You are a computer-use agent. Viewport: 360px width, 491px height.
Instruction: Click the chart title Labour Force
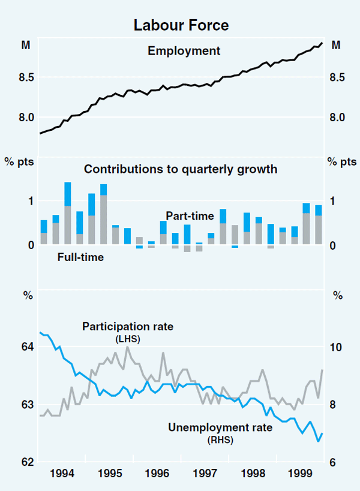click(181, 25)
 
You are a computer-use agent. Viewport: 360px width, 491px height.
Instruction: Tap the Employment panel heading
click(184, 51)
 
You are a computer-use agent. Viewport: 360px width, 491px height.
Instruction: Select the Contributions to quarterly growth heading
click(181, 169)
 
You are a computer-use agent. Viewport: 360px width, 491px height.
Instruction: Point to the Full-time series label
click(80, 258)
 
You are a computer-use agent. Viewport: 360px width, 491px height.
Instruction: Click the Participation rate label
click(127, 327)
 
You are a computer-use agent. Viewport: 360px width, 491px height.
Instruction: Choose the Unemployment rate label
click(220, 428)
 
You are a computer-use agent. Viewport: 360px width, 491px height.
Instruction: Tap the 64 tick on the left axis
click(28, 347)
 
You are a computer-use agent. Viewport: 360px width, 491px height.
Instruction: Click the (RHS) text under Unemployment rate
click(220, 440)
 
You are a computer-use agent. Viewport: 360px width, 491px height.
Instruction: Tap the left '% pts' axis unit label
click(23, 162)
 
